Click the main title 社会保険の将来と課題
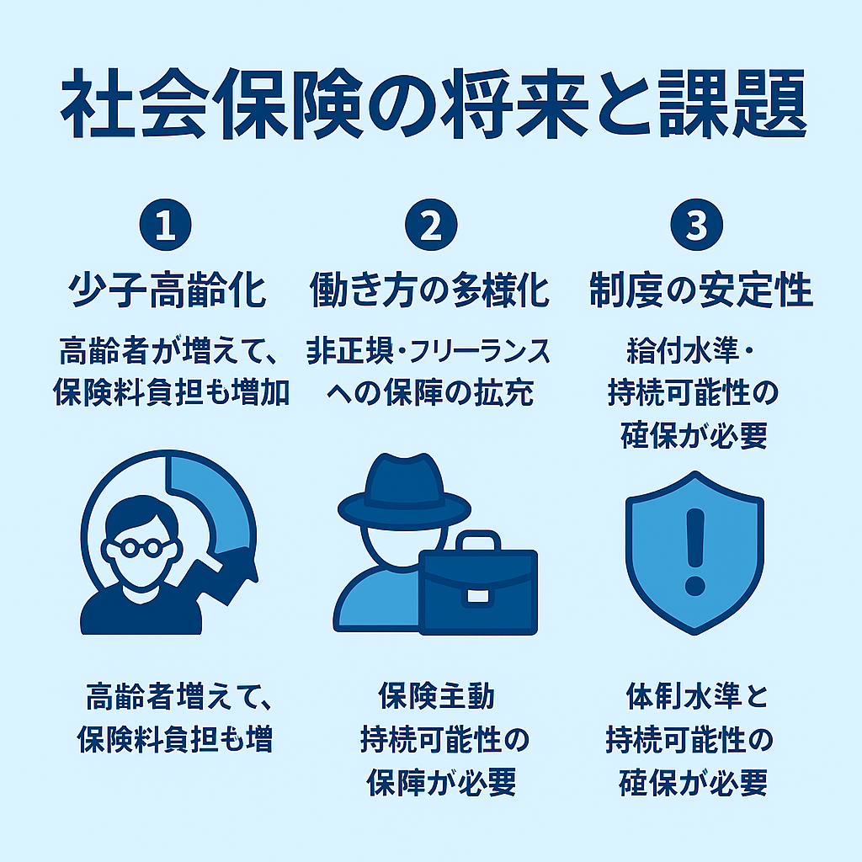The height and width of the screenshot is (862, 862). [433, 104]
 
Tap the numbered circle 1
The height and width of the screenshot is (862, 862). [166, 224]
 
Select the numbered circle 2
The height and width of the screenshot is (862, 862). [431, 224]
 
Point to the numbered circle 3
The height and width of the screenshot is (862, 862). [696, 224]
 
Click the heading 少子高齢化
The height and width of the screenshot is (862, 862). [168, 290]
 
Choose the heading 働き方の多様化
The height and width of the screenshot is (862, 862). [429, 290]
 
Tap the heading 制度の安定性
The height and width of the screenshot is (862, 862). [701, 290]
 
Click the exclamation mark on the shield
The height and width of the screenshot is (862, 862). [694, 551]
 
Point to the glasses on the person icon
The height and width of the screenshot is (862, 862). [141, 547]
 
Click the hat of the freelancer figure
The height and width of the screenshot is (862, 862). [404, 491]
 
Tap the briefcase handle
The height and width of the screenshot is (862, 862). [478, 540]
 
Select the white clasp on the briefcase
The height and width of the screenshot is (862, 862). [477, 596]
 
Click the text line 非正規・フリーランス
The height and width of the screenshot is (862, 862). [428, 351]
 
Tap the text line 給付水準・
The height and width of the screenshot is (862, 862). [691, 351]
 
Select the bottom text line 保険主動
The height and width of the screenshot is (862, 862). [437, 696]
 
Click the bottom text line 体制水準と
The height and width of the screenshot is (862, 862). [697, 696]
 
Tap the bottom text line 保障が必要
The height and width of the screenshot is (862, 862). [441, 782]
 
